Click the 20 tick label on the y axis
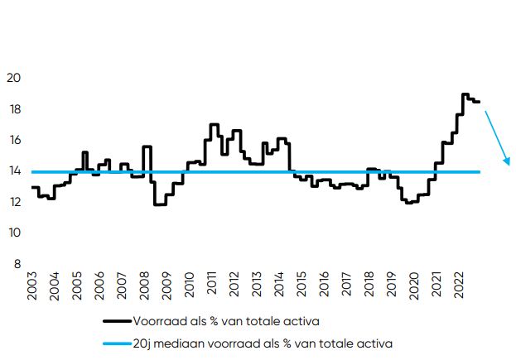[14, 79]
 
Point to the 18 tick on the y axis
[14, 109]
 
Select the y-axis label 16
[14, 141]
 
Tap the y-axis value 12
[14, 202]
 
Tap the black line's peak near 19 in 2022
[465, 94]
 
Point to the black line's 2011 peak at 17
[213, 125]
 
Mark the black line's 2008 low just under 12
[160, 204]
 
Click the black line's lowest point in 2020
[410, 202]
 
